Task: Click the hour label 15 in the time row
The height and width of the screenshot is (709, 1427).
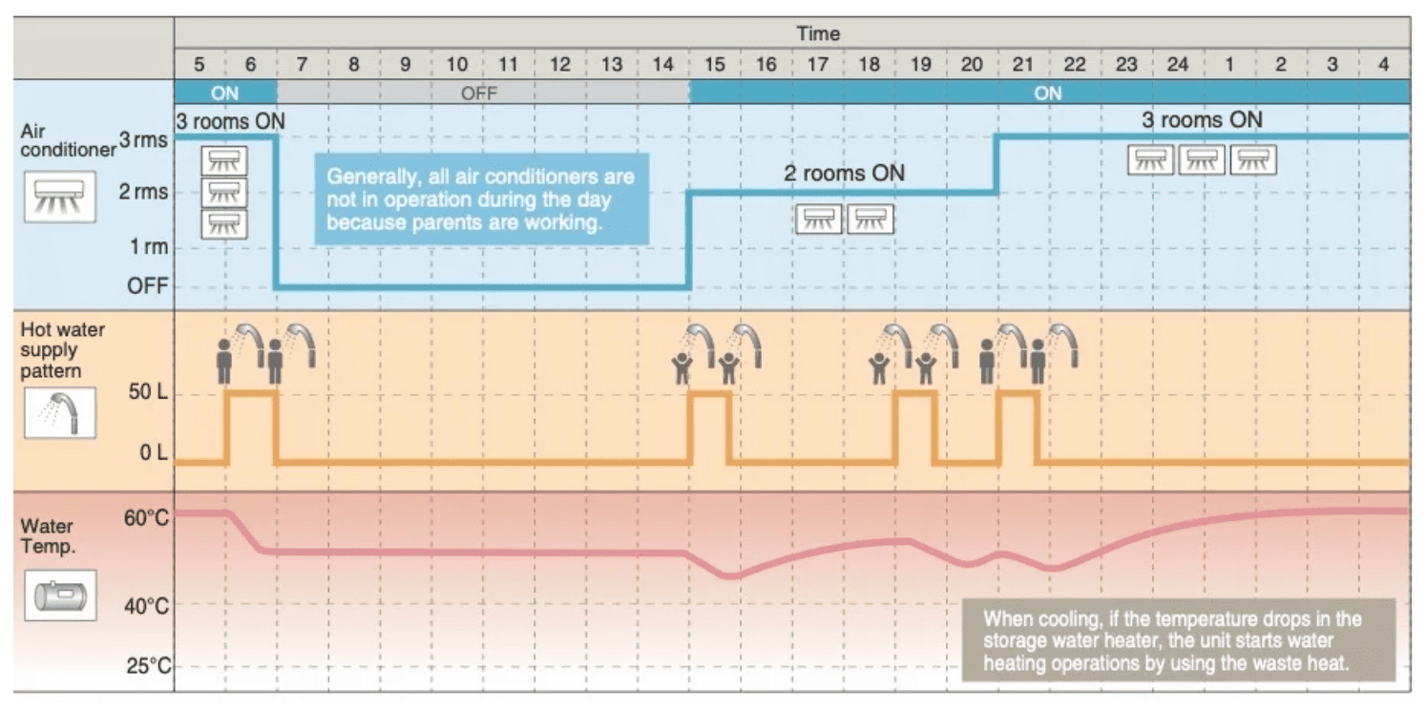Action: point(714,65)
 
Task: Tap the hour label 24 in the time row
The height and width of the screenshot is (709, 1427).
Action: point(1177,65)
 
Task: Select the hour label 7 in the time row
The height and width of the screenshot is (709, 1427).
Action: point(303,65)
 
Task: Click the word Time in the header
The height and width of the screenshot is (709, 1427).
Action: point(818,33)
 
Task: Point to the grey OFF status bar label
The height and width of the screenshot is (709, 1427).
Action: point(479,93)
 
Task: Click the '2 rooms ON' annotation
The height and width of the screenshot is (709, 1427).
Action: point(844,174)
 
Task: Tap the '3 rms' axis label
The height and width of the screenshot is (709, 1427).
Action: point(143,140)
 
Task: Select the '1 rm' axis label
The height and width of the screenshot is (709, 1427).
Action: point(149,247)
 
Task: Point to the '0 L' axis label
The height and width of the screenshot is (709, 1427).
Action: point(154,452)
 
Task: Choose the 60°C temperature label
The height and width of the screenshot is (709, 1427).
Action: point(147,518)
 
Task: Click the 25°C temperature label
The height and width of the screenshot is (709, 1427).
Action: point(148,665)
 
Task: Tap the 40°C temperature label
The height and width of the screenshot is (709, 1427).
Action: point(147,607)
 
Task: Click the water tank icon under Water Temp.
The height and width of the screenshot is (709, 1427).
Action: point(60,597)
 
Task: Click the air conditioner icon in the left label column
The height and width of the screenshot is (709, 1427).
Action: point(59,196)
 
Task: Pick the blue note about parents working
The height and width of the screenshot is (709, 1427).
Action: point(481,199)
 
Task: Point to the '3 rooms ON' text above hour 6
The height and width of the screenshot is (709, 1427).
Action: point(230,121)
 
